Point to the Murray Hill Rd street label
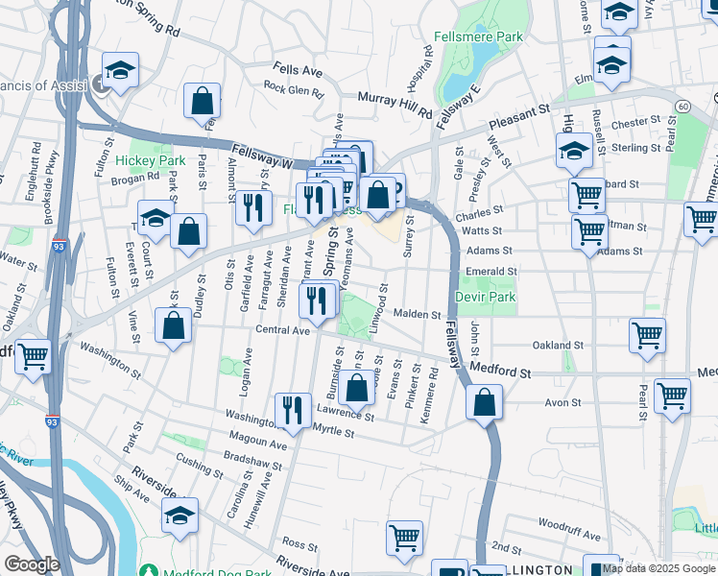tap(395, 104)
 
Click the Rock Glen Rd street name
tap(294, 89)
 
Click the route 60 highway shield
tap(682, 105)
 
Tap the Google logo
tap(32, 564)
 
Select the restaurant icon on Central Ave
tap(316, 300)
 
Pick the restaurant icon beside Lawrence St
tap(293, 409)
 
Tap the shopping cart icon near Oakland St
tap(648, 336)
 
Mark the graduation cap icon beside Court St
tap(156, 218)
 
